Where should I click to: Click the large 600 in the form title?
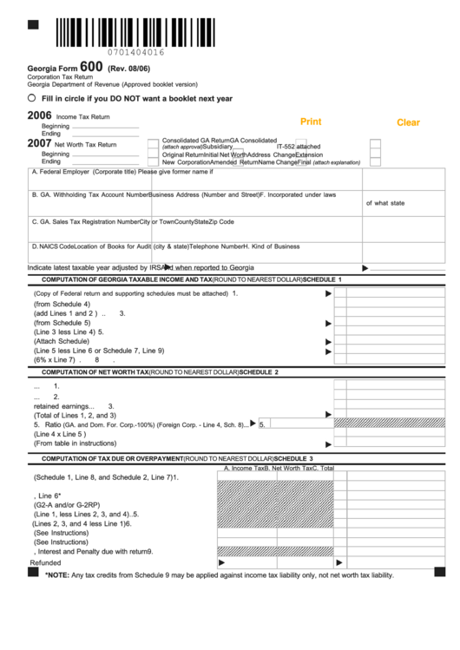[x=92, y=66]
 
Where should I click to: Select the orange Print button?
[x=310, y=121]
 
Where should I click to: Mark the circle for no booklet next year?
[x=31, y=99]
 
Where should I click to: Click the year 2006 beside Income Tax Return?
[x=39, y=115]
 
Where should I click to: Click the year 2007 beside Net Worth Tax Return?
[x=39, y=143]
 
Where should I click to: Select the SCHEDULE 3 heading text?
[x=293, y=457]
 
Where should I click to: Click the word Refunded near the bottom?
[x=46, y=562]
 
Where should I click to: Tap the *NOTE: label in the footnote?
[x=57, y=574]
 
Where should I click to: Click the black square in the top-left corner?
[x=33, y=23]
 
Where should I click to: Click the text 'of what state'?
[x=384, y=203]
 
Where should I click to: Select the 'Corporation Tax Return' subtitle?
[x=57, y=76]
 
